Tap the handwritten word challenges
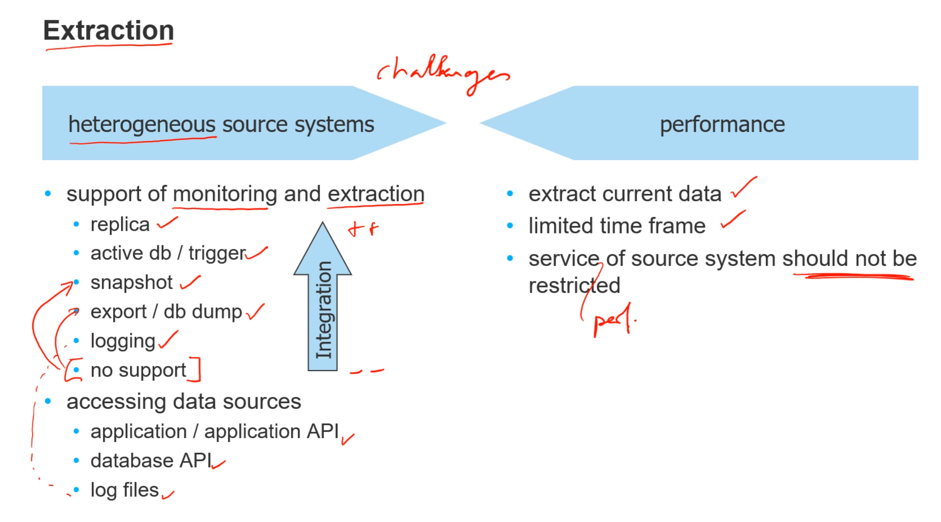pyautogui.click(x=443, y=73)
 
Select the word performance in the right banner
pyautogui.click(x=722, y=125)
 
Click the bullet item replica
pyautogui.click(x=120, y=225)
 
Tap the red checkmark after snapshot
pyautogui.click(x=190, y=282)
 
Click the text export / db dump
pyautogui.click(x=166, y=312)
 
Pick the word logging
pyautogui.click(x=123, y=341)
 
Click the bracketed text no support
pyautogui.click(x=138, y=370)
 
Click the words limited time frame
pyautogui.click(x=617, y=226)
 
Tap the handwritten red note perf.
pyautogui.click(x=614, y=320)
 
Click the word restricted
pyautogui.click(x=574, y=286)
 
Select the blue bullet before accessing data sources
pyautogui.click(x=48, y=401)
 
